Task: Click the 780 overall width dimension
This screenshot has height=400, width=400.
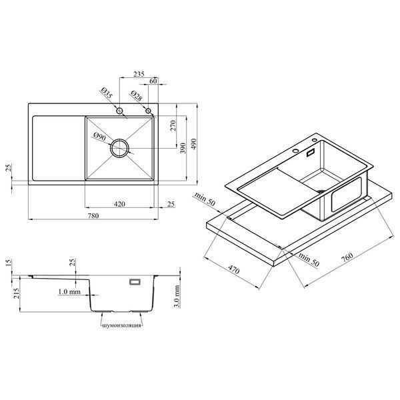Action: [93, 216]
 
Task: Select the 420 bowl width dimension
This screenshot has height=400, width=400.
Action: [119, 204]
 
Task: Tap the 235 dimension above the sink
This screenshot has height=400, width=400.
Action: [139, 74]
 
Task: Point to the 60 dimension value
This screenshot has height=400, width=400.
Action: [153, 81]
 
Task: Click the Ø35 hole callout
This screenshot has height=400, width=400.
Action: [107, 93]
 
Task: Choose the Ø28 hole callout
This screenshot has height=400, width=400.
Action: [136, 95]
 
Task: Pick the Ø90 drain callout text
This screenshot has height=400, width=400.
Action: [99, 137]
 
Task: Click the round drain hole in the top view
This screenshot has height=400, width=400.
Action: [119, 148]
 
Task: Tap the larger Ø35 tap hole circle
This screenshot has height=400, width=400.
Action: [119, 111]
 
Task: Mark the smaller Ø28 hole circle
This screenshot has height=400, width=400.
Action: [148, 111]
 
